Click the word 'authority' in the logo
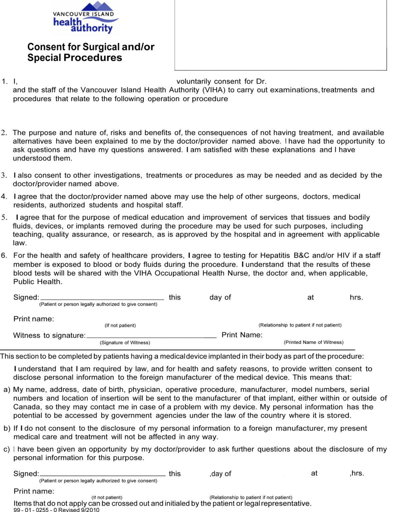[92, 28]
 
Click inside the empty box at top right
[280, 35]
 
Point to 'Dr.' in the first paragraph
[261, 81]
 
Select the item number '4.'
[4, 196]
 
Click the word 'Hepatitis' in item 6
[275, 255]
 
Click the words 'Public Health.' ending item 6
[38, 282]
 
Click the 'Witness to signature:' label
[49, 335]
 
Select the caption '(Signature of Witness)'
[125, 343]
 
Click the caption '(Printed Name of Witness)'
[313, 342]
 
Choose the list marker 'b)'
[7, 428]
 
